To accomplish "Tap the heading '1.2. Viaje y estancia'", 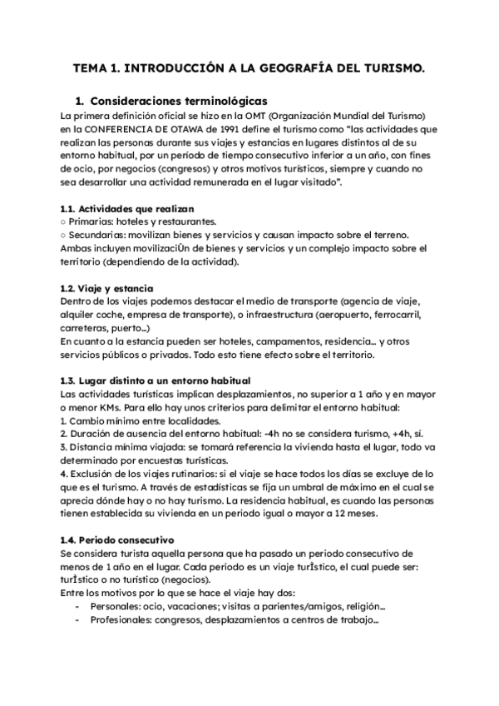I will point(106,286).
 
